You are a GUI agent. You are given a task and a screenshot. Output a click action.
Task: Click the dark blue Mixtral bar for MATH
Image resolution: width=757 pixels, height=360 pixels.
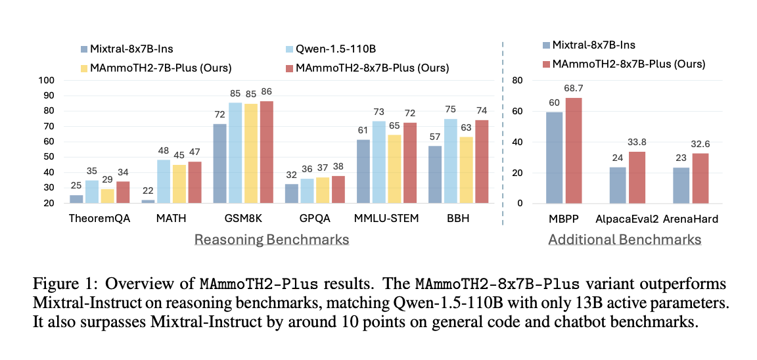[149, 201]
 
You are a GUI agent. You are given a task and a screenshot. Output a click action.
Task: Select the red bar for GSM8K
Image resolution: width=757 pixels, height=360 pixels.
[266, 152]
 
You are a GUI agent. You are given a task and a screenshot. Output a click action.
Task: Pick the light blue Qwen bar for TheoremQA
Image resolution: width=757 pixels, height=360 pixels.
[92, 192]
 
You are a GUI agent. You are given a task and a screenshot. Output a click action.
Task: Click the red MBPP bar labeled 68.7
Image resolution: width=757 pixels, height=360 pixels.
[574, 150]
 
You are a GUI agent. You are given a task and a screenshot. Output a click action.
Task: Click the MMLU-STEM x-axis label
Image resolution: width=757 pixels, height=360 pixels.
[387, 219]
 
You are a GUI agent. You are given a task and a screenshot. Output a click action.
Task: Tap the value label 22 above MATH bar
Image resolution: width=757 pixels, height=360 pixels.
[148, 191]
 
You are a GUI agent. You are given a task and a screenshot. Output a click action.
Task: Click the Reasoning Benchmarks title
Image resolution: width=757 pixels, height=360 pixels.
[271, 240]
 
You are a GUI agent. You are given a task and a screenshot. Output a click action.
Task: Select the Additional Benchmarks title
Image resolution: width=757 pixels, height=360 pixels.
[625, 240]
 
